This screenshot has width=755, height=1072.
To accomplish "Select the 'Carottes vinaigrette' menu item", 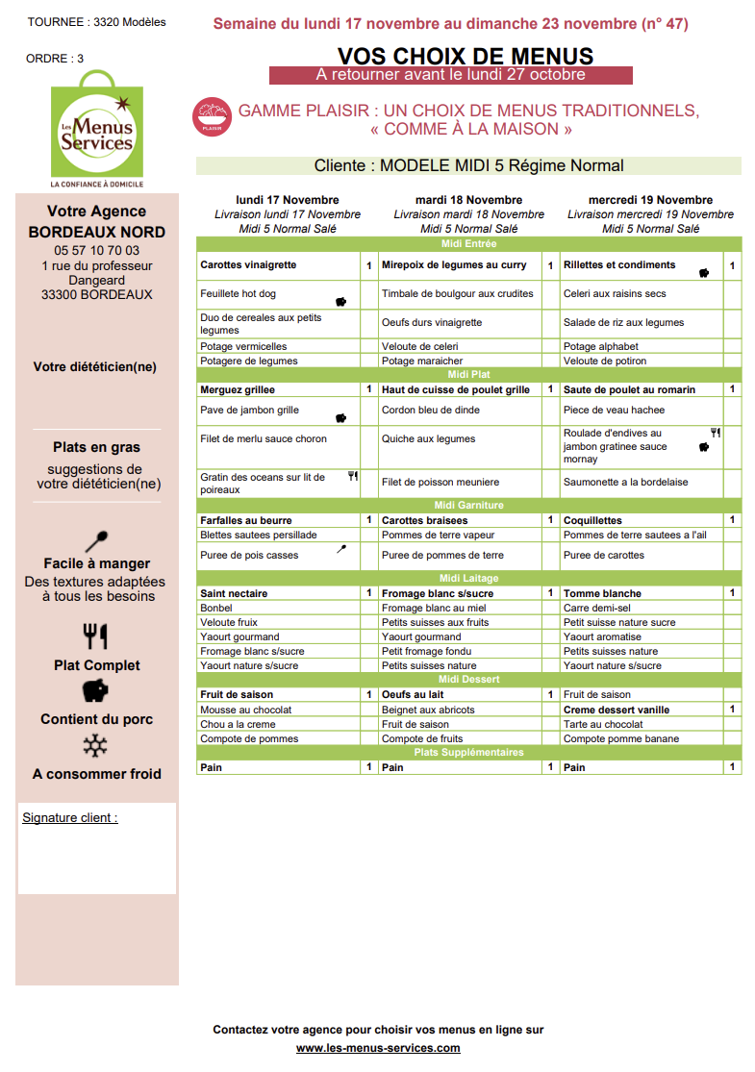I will [x=248, y=265].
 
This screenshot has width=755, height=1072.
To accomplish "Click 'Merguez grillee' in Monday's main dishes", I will [x=238, y=390].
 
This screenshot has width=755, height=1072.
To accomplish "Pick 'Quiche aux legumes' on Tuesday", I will [x=428, y=439].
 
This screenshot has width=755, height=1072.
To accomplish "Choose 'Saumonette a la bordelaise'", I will [x=625, y=483].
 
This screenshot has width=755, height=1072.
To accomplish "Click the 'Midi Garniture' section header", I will [x=468, y=506].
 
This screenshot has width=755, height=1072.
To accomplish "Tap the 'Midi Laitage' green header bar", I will [x=468, y=578].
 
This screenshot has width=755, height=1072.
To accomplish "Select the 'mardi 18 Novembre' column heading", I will [x=468, y=200].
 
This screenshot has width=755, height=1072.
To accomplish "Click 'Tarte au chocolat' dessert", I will [x=603, y=724].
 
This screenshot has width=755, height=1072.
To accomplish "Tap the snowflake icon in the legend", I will [x=96, y=746].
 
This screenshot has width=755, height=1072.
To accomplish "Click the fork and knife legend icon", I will [x=96, y=636].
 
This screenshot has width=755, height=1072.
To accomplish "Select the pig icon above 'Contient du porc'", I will [x=96, y=690].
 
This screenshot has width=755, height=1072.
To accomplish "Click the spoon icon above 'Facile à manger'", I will [x=96, y=540].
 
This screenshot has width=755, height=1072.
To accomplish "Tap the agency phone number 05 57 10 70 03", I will [x=96, y=250].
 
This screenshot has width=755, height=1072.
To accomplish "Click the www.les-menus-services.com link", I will [x=378, y=1048].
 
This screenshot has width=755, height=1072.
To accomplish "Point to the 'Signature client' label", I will [x=69, y=818].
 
